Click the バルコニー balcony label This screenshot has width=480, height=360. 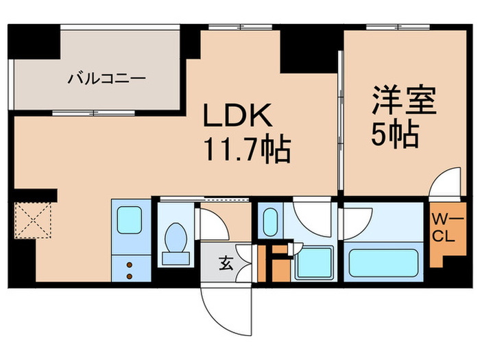coord(106,78)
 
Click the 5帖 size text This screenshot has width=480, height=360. coord(396,136)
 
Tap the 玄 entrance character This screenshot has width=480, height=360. coord(224,262)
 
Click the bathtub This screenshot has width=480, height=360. coord(384,263)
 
